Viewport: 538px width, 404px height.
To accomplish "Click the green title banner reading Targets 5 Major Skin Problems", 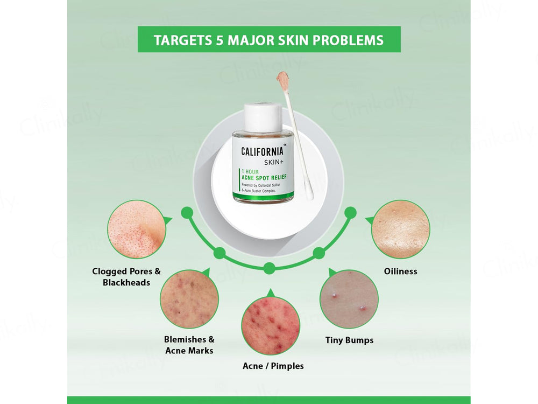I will (269, 40).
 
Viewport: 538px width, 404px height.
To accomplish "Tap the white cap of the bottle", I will (263, 117).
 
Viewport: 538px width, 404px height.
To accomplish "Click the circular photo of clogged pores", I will (134, 229).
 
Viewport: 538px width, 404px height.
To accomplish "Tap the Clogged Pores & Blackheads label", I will (126, 277).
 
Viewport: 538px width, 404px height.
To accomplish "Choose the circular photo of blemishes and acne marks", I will (189, 299).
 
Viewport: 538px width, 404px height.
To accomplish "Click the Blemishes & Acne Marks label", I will (189, 345).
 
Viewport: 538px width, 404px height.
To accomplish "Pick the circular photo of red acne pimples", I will (270, 326).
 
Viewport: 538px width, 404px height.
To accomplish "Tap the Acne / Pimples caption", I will (273, 366).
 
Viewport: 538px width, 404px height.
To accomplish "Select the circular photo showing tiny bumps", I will (349, 299).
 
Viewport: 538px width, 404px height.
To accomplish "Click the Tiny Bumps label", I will (349, 340).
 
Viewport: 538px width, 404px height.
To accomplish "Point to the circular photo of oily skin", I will (401, 229).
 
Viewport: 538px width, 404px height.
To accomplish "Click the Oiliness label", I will (401, 271).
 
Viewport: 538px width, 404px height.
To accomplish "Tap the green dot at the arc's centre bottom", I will (270, 268).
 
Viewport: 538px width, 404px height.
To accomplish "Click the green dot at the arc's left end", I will (187, 213).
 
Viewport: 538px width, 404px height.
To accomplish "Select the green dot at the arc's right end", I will (350, 213).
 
